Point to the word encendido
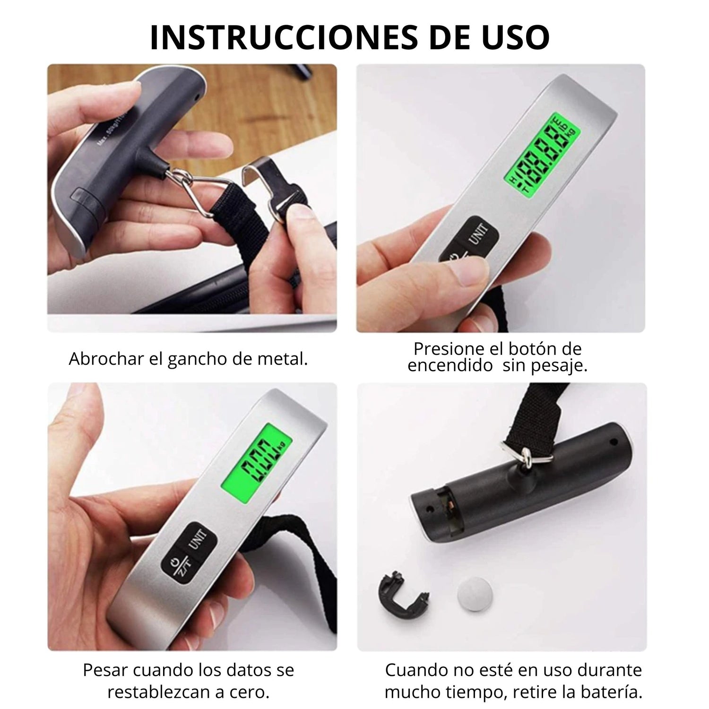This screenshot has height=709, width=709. coord(450,366)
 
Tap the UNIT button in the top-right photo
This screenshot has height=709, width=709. coord(479,236)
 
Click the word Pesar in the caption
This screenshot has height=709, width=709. coord(104,670)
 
